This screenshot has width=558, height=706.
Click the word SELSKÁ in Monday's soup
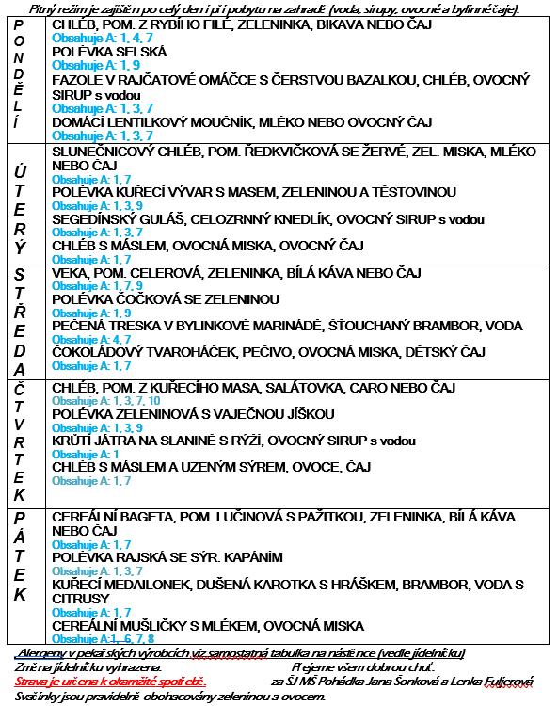point(141,52)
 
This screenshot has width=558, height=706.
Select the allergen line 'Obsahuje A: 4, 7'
point(91,339)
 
